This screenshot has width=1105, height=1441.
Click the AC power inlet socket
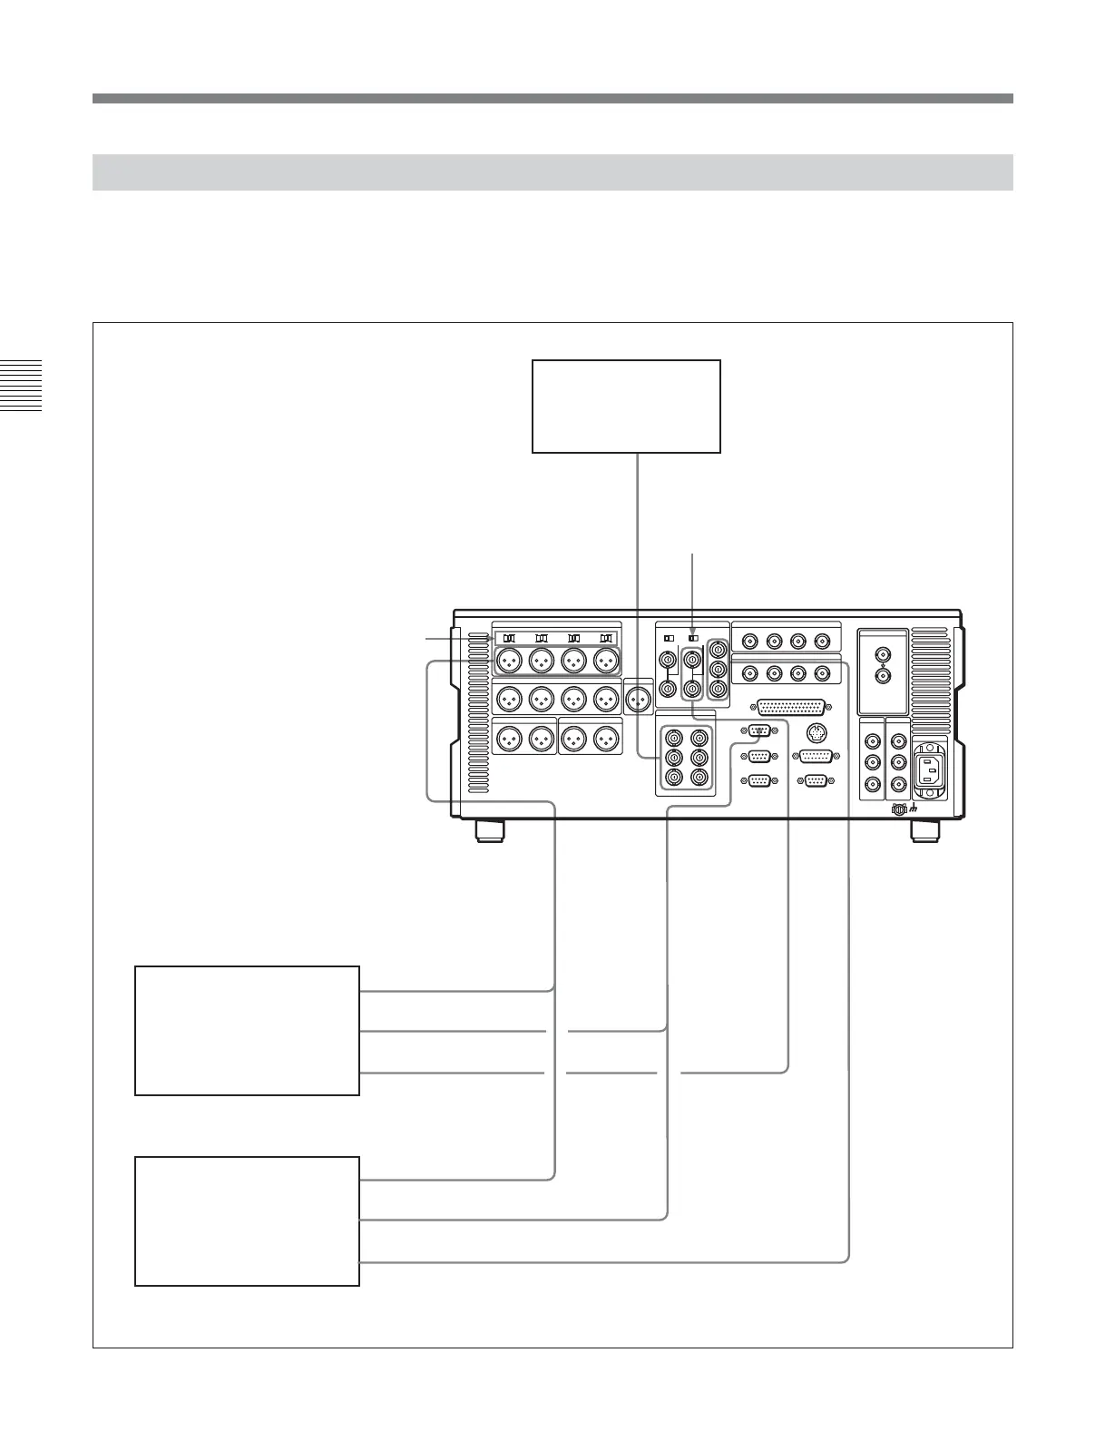pyautogui.click(x=929, y=770)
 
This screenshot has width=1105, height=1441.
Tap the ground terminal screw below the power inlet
pyautogui.click(x=899, y=809)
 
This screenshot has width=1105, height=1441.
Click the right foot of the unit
pyautogui.click(x=924, y=829)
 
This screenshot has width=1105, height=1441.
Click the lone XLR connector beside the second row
pyautogui.click(x=639, y=698)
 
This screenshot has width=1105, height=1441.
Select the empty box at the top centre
pyautogui.click(x=626, y=406)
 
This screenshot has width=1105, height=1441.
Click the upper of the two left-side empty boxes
pyautogui.click(x=247, y=1031)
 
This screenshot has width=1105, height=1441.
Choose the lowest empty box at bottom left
pyautogui.click(x=247, y=1220)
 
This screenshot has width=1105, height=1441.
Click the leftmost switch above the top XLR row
pyautogui.click(x=509, y=639)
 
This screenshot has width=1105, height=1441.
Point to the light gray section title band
pyautogui.click(x=552, y=172)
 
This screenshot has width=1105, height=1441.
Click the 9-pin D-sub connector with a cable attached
pyautogui.click(x=760, y=733)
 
